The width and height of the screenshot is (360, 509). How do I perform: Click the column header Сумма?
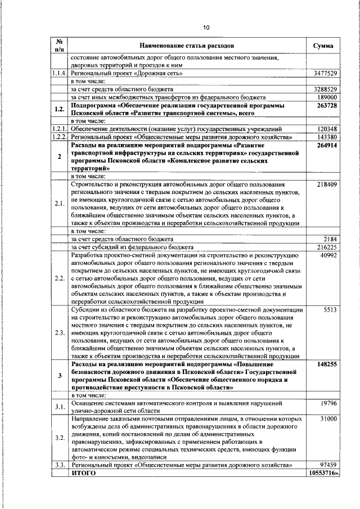point(322,46)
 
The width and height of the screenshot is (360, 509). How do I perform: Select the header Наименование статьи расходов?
point(187,46)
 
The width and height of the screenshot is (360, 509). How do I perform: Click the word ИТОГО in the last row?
point(83,474)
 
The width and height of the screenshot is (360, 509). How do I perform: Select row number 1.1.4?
point(59,74)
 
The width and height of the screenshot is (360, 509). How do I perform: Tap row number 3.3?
point(59,466)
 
